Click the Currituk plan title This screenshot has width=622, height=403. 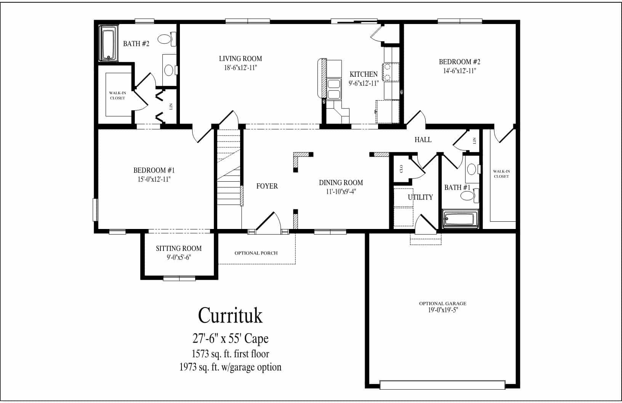point(230,316)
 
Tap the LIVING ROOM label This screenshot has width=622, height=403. point(240,59)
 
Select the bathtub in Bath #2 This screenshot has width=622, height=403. point(109,43)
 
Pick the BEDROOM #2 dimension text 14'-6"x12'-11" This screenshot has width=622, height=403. point(459,71)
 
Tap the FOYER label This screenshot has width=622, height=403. point(267,186)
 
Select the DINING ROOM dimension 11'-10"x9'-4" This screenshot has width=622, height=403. point(341,192)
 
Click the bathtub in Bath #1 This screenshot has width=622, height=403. point(459,219)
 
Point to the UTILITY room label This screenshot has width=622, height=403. point(420,197)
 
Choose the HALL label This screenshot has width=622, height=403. point(423,140)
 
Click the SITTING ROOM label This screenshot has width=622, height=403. point(178,248)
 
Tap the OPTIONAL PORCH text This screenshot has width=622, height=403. point(256,253)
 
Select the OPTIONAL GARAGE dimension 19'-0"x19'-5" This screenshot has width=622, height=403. point(442,310)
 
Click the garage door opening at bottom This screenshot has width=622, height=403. point(442,385)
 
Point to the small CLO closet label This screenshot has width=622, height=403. point(401,169)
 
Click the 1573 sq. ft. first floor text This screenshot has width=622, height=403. point(230,354)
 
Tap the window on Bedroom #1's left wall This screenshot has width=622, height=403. point(96,209)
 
